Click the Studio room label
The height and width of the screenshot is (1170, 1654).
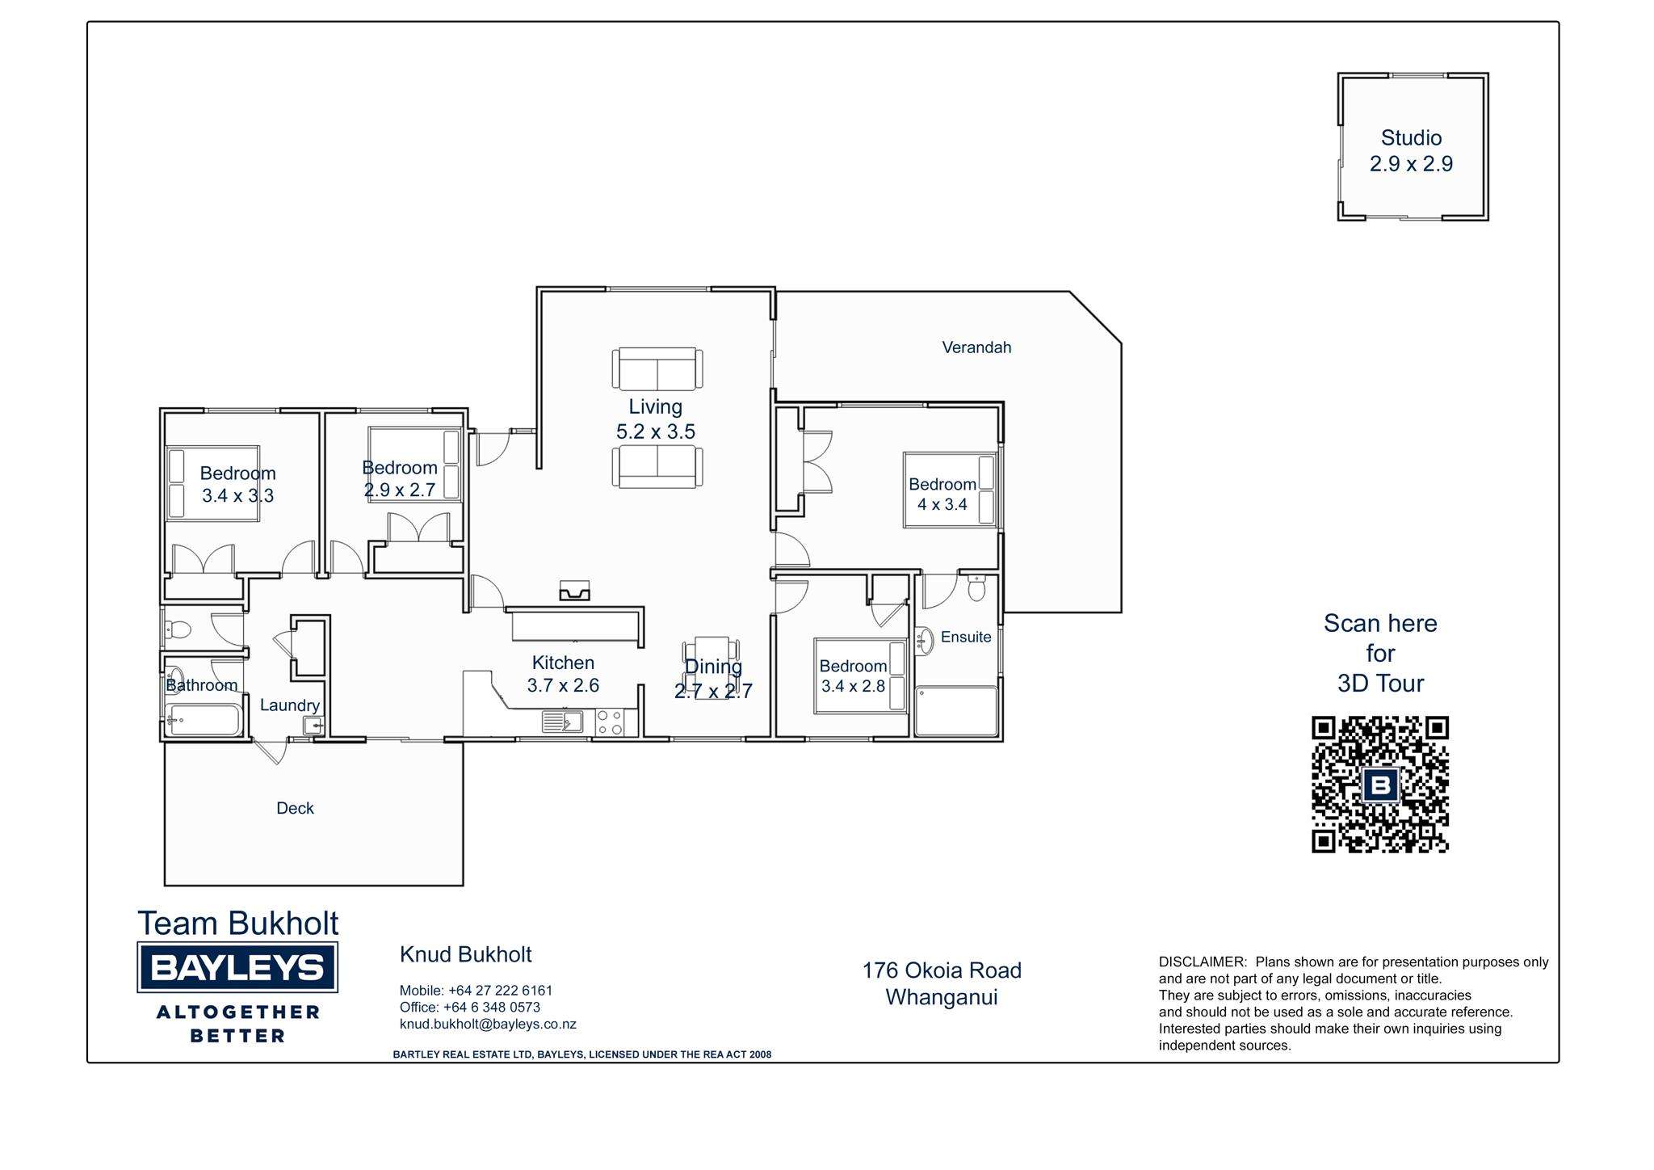1411,138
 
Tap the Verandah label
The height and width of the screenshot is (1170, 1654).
976,347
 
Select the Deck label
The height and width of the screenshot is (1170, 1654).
295,808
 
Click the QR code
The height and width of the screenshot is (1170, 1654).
1380,784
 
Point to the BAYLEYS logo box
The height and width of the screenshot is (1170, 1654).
237,967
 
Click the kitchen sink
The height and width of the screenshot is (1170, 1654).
562,722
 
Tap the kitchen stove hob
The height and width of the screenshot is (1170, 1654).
610,722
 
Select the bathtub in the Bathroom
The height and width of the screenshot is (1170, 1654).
204,719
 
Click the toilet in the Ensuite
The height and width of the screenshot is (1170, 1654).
976,587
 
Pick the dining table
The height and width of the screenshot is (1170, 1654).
711,667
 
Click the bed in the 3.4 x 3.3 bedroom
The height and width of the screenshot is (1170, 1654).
212,483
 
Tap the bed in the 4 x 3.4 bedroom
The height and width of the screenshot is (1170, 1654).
951,490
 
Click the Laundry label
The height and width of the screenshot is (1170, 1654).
290,705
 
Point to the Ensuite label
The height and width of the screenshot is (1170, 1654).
966,637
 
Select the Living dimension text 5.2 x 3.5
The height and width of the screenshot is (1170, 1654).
656,431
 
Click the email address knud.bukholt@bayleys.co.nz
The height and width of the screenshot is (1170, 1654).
488,1025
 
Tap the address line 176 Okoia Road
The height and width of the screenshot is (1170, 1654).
942,970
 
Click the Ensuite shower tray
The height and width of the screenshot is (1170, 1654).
957,711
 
